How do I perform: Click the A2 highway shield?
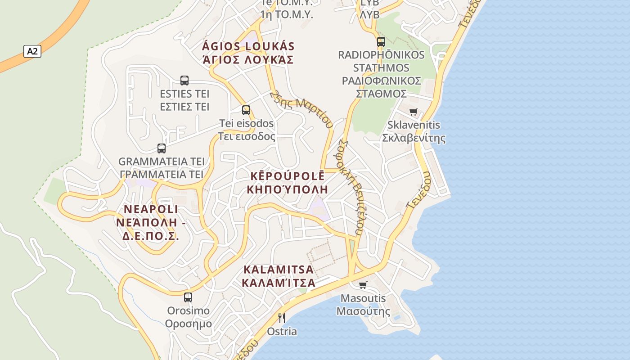tap(32, 51)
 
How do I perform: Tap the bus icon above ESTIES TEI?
tap(184, 81)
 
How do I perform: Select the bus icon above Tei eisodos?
tap(246, 110)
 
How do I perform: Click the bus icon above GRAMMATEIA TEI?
tap(162, 148)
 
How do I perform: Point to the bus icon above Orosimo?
tap(188, 297)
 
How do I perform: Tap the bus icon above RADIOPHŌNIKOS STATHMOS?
tap(381, 42)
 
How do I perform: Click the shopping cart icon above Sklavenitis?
tap(414, 112)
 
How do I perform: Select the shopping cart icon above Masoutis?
tap(363, 285)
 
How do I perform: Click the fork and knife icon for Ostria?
tap(282, 318)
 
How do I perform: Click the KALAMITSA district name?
tap(278, 270)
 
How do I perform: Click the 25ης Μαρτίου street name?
tap(301, 108)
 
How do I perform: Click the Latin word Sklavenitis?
tap(414, 125)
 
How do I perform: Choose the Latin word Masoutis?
tap(363, 298)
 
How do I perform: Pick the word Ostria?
tap(282, 332)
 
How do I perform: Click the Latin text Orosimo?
tap(188, 310)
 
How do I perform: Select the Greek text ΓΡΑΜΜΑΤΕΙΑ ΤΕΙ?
tap(162, 175)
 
